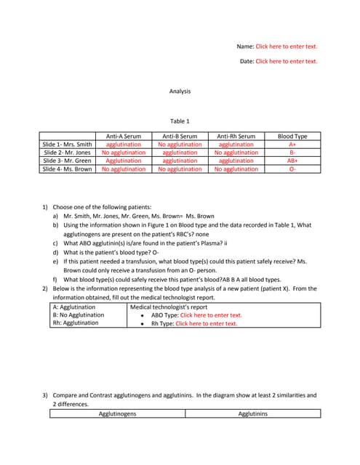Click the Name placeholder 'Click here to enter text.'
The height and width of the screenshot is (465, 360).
287,46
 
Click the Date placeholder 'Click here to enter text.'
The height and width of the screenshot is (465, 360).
287,61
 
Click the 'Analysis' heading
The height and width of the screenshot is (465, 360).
180,92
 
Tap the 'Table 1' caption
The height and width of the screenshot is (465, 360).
180,121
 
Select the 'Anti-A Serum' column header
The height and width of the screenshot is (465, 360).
124,136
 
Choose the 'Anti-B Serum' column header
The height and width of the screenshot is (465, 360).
180,136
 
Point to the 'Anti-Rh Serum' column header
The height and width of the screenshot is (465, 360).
236,136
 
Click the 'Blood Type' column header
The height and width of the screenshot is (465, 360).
292,136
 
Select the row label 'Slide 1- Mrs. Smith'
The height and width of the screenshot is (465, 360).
68,145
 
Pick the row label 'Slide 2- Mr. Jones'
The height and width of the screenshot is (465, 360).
68,153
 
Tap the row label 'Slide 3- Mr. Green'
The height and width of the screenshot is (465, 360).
68,161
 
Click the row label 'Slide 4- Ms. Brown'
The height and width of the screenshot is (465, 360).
68,169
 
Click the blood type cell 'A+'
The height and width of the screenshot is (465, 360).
292,145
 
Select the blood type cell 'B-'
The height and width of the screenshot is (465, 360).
292,153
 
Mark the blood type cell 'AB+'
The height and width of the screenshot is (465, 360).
292,161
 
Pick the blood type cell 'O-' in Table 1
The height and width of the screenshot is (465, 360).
292,169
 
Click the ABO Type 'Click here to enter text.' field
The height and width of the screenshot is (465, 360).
211,315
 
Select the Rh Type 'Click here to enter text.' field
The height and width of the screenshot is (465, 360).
207,323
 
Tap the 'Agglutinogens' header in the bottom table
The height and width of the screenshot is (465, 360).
118,413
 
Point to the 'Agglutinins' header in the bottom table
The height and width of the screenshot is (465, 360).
253,413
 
